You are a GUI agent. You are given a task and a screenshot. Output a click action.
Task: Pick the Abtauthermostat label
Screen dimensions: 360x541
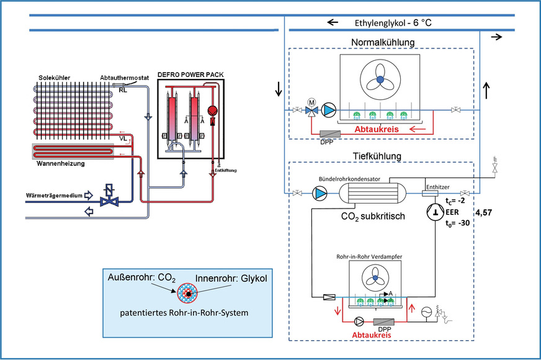tap(123, 78)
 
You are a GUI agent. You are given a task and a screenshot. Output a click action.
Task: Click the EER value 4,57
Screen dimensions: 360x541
tap(485, 212)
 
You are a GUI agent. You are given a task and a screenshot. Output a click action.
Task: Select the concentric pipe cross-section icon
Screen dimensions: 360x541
tap(186, 292)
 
